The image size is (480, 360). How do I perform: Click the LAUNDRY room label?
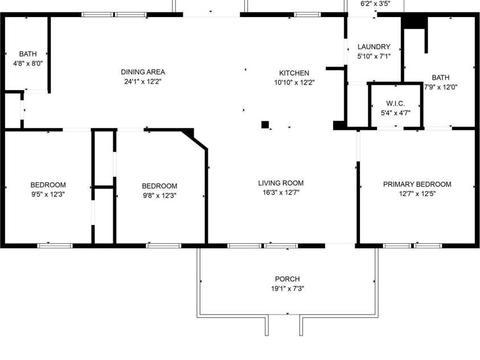coord(374,47)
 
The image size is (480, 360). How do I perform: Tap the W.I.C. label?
coord(396,104)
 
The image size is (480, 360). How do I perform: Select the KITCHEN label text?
coord(294,73)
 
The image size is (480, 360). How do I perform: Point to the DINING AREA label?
coord(143,72)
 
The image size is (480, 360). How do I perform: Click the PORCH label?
coord(287,279)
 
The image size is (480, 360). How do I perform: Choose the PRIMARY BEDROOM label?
coord(417,185)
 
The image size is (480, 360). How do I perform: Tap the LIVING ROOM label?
coord(281,183)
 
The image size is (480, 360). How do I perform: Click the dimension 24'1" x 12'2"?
coord(143,81)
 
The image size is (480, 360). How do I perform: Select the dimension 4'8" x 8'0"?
coord(28,64)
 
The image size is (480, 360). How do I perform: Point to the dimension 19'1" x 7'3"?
coord(288,289)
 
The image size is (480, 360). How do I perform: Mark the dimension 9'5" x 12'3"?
coord(48,194)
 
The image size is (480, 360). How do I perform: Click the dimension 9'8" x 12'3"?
coord(159,195)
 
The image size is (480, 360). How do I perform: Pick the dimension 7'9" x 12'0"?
coord(441,87)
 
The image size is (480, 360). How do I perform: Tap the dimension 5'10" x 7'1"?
coord(374,56)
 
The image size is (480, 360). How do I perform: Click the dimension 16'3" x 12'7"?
coord(281,193)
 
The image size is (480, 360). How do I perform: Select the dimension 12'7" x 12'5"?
coord(417,194)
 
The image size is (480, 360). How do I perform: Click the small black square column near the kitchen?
coord(265,125)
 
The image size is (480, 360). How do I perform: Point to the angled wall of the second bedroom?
coord(195,140)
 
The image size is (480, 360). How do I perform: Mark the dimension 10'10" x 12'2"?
coord(294,83)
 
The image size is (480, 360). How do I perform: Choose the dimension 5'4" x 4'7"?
coord(396,113)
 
